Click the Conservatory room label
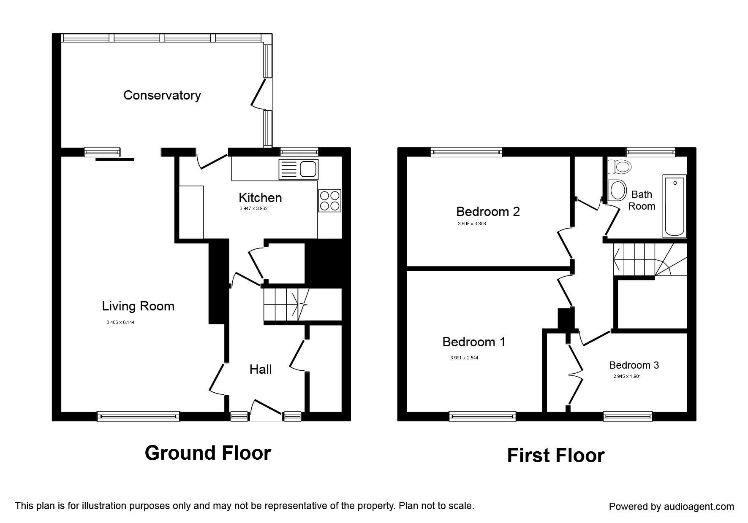pyautogui.click(x=162, y=95)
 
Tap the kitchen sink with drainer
pyautogui.click(x=298, y=170)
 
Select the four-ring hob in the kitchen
pyautogui.click(x=329, y=201)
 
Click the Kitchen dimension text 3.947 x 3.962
pyautogui.click(x=253, y=208)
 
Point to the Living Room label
pyautogui.click(x=138, y=306)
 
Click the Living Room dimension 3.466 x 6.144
pyautogui.click(x=120, y=323)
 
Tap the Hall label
pyautogui.click(x=261, y=369)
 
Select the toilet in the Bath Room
pyautogui.click(x=620, y=167)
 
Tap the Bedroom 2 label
pyautogui.click(x=488, y=211)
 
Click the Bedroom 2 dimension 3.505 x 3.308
pyautogui.click(x=472, y=224)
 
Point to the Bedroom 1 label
pyautogui.click(x=473, y=342)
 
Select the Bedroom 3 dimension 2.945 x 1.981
pyautogui.click(x=627, y=376)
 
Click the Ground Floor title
pyautogui.click(x=208, y=453)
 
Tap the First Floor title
pyautogui.click(x=555, y=456)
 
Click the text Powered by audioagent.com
pyautogui.click(x=671, y=507)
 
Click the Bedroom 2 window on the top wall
pyautogui.click(x=467, y=152)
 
